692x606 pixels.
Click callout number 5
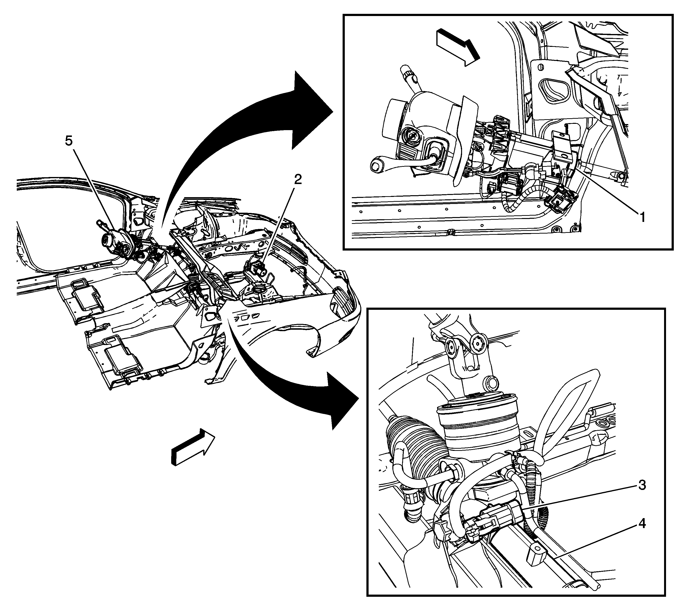click(69, 141)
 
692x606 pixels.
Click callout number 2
click(297, 180)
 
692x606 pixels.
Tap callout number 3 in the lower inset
click(641, 485)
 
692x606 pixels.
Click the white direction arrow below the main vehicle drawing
click(193, 447)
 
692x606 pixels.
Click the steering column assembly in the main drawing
click(117, 242)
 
